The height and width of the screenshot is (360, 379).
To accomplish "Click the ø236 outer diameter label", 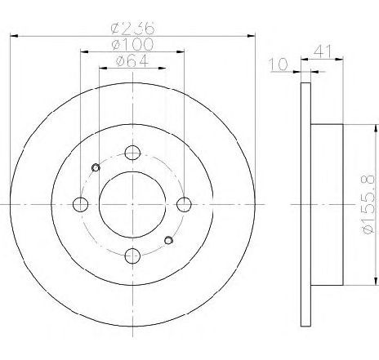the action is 133,28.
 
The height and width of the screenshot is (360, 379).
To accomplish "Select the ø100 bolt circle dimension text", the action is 133,44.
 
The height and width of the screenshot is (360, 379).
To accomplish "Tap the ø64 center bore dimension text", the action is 132,60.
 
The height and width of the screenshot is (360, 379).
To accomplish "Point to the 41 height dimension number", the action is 323,51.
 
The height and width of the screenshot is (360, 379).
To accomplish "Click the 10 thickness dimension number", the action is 279,64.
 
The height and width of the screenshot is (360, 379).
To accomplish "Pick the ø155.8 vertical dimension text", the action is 368,204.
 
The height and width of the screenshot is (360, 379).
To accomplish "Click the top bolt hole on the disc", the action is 132,153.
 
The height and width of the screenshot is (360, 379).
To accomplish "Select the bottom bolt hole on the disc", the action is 132,256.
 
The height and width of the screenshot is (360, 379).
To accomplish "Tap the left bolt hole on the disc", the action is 81,204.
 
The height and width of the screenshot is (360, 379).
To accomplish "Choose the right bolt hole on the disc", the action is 185,204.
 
